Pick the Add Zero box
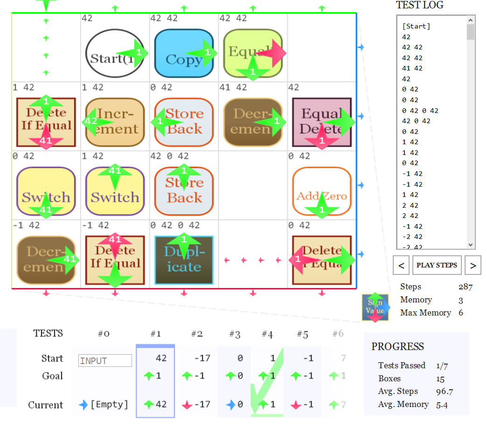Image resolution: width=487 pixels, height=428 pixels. point(322,191)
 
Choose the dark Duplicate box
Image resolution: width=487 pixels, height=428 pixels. point(184,260)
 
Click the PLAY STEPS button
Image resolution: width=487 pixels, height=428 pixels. point(437,265)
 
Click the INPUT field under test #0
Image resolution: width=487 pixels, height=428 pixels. point(105,361)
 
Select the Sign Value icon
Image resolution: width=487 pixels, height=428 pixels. point(375,307)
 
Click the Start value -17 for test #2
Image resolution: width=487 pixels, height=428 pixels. point(202,358)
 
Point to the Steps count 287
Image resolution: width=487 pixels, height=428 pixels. point(465,287)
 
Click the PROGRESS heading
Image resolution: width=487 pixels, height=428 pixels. point(398,346)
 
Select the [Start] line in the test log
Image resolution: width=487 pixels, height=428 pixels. point(416,26)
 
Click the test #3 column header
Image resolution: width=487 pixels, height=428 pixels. point(235,334)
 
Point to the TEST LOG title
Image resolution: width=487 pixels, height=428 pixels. point(419,5)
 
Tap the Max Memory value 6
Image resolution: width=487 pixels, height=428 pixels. point(461,313)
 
